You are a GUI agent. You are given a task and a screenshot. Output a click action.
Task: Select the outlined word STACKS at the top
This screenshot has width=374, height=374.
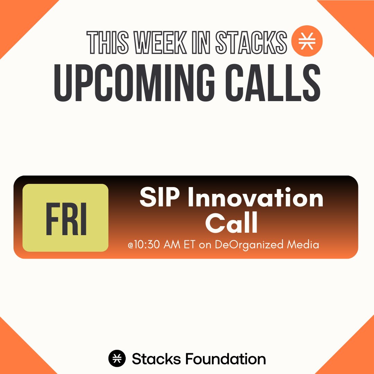tap(251, 43)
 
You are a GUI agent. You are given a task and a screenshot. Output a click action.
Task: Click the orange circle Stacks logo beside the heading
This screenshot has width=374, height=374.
tap(307, 41)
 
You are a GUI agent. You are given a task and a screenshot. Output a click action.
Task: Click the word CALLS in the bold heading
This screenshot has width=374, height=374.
tap(273, 83)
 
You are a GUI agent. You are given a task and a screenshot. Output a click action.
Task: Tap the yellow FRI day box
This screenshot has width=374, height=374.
tap(65, 217)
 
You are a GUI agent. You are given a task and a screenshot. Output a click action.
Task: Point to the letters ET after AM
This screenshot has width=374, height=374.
tap(189, 245)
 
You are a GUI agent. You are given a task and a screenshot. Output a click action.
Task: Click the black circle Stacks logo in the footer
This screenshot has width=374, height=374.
tap(117, 358)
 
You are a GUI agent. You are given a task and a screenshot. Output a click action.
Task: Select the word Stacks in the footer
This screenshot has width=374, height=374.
tap(156, 359)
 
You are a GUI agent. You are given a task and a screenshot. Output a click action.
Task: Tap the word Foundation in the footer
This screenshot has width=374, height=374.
tap(225, 359)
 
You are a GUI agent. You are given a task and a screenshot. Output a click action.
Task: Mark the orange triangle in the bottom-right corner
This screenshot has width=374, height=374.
tap(355, 355)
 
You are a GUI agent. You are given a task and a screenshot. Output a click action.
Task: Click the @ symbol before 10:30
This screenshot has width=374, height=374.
tap(131, 246)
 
